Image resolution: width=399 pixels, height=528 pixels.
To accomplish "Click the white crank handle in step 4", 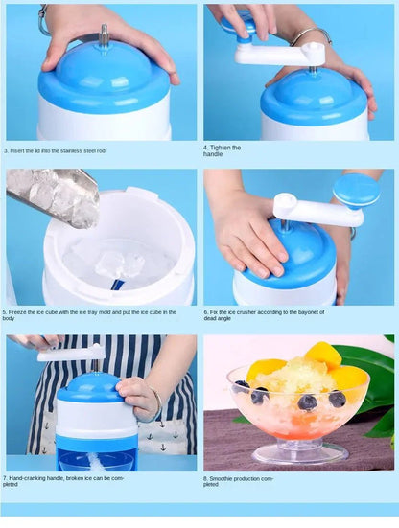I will tap(279, 56).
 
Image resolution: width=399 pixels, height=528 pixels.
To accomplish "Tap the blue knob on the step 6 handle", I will tap(356, 188).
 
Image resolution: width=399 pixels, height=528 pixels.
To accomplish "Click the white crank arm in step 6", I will tap(316, 211).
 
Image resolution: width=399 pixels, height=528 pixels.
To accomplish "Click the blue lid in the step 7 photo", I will tap(89, 388).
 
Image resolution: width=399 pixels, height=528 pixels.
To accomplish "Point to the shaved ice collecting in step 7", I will tap(97, 461).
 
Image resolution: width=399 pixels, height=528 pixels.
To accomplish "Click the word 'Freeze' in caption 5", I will tap(21, 311).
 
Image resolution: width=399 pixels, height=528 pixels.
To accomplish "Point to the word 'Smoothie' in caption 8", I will tap(223, 476).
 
